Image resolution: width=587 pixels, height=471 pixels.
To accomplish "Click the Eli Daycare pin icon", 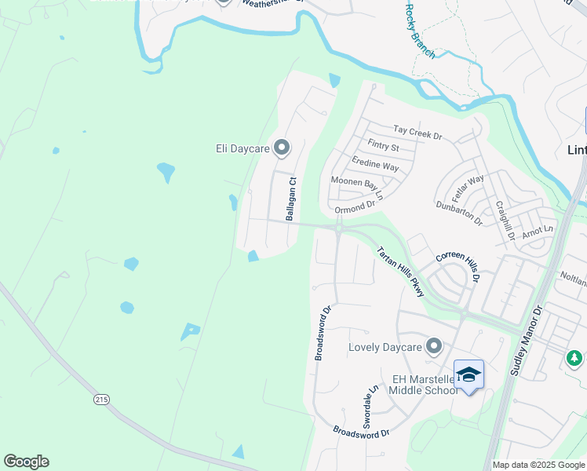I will pos(283,147).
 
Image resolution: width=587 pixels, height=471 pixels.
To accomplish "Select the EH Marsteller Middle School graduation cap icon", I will pos(469,374).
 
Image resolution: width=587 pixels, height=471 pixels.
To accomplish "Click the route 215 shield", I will pos(101,400).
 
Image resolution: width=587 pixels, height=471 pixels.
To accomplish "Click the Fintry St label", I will pos(383,146).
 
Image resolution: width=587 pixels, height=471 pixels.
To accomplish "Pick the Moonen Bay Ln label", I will pos(357,187).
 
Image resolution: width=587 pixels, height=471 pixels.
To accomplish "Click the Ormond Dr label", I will pos(355,208).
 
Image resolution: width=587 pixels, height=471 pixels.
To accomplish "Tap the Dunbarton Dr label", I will pos(459,213).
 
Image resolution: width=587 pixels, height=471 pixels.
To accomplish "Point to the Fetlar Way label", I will pos(469,189).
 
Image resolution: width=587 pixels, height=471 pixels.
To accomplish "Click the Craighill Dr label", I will pos(504,221).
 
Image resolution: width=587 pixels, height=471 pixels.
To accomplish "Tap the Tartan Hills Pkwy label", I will pos(400,272).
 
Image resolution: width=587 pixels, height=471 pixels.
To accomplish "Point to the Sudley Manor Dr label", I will pos(526,341).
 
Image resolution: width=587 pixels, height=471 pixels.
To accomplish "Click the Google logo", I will pos(26,462).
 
